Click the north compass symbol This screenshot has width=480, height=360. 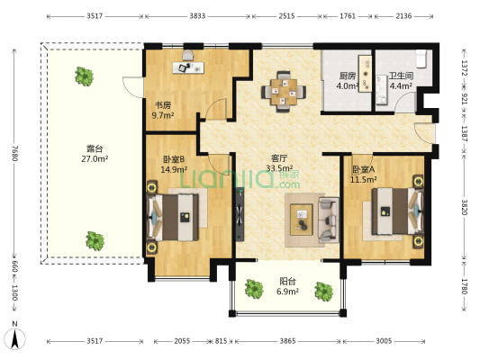click(14, 336)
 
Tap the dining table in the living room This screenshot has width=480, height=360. click(284, 92)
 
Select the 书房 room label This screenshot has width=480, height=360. click(163, 105)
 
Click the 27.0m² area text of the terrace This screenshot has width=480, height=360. click(95, 158)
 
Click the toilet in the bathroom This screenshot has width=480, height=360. click(421, 58)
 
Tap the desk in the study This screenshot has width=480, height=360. click(188, 67)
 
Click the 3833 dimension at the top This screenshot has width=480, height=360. click(197, 16)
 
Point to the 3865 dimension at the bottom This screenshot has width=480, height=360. click(287, 341)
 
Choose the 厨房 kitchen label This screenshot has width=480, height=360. click(347, 76)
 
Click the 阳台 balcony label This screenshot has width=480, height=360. click(287, 281)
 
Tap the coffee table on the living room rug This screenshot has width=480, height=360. click(302, 220)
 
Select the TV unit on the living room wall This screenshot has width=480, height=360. click(240, 214)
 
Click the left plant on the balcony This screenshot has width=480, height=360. click(254, 289)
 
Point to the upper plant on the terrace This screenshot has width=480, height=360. click(84, 76)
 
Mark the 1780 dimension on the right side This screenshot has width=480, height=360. click(464, 286)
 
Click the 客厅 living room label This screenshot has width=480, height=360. click(279, 158)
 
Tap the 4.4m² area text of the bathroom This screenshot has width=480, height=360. click(401, 85)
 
